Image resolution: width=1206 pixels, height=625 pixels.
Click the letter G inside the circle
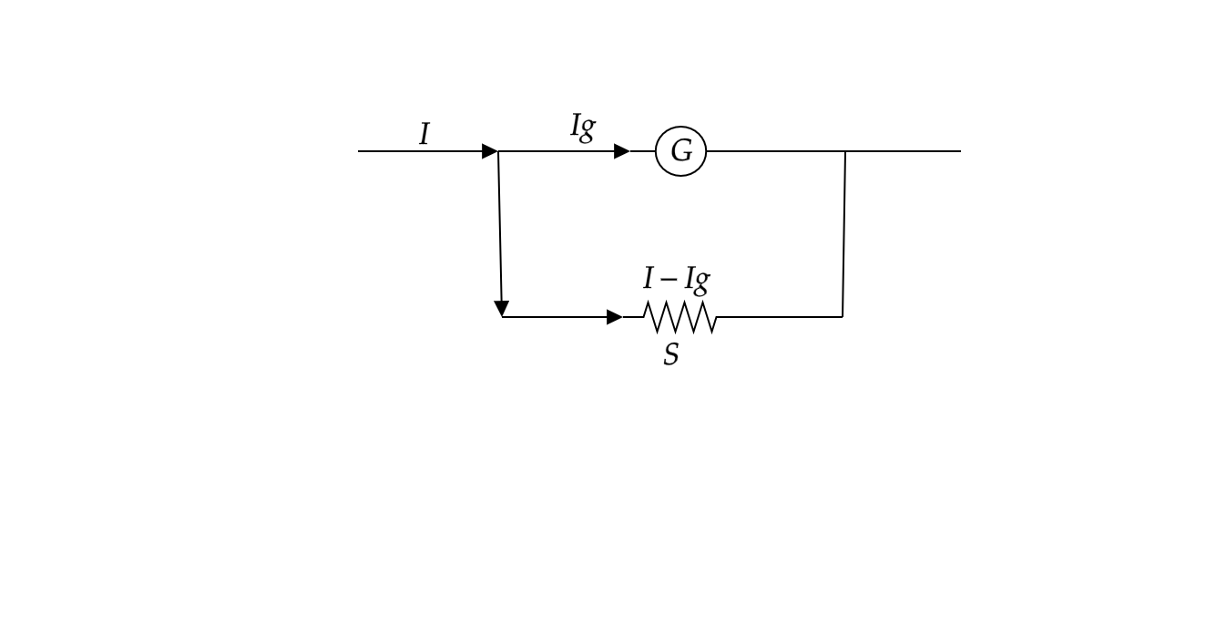tap(680, 152)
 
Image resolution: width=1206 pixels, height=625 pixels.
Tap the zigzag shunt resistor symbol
tap(680, 317)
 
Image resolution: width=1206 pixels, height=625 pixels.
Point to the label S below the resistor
tap(671, 354)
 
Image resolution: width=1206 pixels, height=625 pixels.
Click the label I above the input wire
tap(424, 134)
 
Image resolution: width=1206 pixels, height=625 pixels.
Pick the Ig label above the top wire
tap(582, 128)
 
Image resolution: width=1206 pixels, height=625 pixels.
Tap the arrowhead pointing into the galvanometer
tap(621, 151)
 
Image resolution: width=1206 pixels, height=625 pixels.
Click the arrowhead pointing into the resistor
tap(615, 317)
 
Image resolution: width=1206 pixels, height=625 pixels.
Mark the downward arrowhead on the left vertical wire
tap(501, 309)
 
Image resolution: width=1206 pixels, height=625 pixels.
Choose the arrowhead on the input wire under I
tap(489, 151)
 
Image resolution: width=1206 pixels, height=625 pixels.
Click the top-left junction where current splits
tap(498, 151)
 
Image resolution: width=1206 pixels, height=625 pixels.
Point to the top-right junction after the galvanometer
tap(845, 151)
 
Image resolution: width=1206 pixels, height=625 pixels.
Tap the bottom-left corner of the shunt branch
tap(502, 317)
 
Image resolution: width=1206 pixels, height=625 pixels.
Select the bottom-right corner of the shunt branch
tap(843, 317)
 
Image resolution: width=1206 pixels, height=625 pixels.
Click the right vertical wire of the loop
tap(844, 234)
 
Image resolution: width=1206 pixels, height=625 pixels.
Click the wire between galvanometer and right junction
tap(775, 151)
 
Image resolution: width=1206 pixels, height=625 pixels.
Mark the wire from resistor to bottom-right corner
tap(780, 317)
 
